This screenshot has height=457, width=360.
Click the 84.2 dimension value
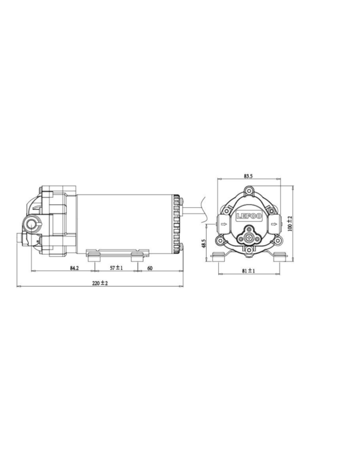(74, 268)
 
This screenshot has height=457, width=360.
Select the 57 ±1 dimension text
(116, 268)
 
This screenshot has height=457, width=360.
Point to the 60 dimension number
(150, 268)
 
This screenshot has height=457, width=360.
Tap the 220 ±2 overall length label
(100, 283)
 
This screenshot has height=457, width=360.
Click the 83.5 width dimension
(248, 176)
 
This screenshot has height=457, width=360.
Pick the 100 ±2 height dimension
(290, 223)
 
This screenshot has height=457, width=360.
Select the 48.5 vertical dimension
(204, 243)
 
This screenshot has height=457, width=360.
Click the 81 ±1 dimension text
(248, 271)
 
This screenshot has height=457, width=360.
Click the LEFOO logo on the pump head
(249, 216)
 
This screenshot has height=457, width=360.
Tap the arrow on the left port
(223, 224)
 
